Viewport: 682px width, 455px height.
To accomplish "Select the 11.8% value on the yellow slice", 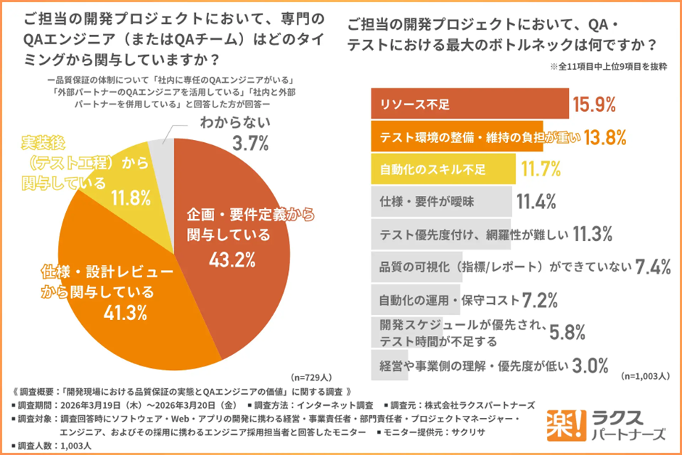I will coord(131,197).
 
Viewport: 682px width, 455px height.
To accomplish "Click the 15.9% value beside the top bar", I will coord(594,104).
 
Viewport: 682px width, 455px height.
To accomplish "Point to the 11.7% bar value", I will coord(541,169).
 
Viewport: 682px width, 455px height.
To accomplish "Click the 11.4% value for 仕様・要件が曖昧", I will coord(536,201).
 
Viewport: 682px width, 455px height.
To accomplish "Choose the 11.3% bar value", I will coord(594,234).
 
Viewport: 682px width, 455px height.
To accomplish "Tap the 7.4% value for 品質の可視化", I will coord(652,266).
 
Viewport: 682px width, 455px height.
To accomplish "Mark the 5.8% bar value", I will coord(567,332).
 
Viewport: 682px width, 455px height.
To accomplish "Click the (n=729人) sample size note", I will coord(311,377).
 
